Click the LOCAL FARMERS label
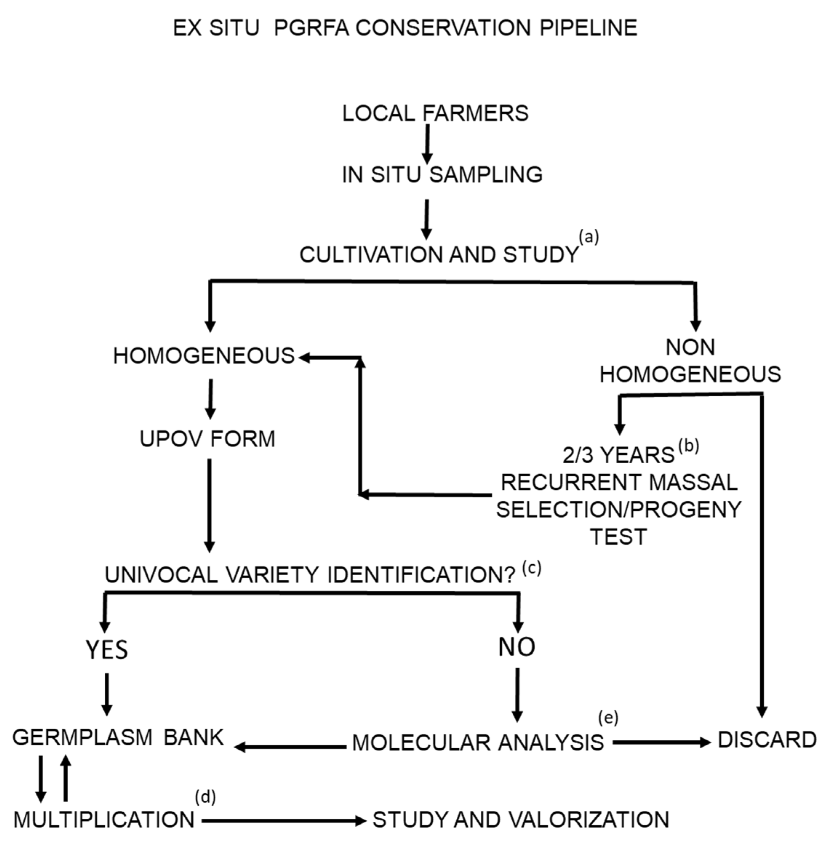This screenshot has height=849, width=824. pyautogui.click(x=435, y=113)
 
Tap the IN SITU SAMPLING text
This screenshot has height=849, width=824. pyautogui.click(x=442, y=175)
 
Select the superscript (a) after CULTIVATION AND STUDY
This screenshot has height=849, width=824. pyautogui.click(x=589, y=237)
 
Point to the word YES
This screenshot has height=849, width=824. pyautogui.click(x=107, y=650)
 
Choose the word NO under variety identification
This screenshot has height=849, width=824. pyautogui.click(x=516, y=647)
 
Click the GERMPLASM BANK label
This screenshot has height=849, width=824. pyautogui.click(x=118, y=737)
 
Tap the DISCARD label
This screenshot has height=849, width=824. pyautogui.click(x=767, y=740)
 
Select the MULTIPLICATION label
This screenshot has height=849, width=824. pyautogui.click(x=104, y=820)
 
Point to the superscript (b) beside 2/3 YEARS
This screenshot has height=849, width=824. pyautogui.click(x=689, y=446)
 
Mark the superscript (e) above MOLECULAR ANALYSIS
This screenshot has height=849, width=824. pyautogui.click(x=608, y=718)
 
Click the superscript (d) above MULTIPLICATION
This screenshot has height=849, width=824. pyautogui.click(x=205, y=797)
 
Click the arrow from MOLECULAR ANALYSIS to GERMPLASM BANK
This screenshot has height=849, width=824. pyautogui.click(x=290, y=747)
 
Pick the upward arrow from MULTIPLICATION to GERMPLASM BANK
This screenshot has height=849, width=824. pyautogui.click(x=65, y=778)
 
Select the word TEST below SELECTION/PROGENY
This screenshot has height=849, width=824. pyautogui.click(x=619, y=537)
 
